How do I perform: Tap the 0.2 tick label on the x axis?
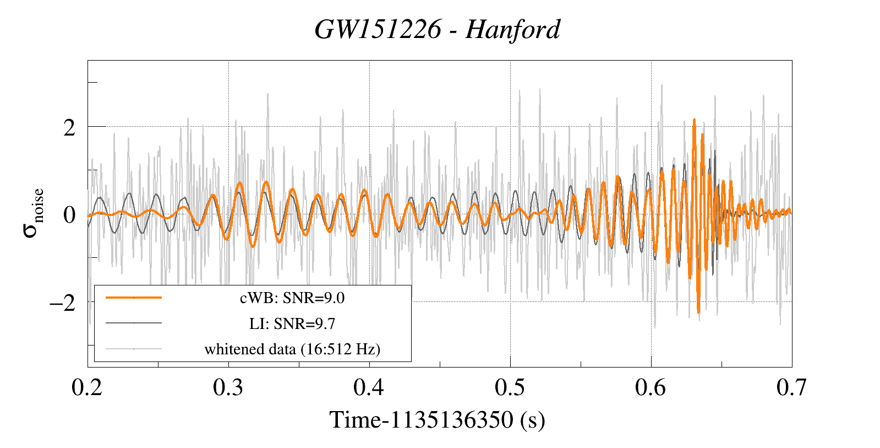tap(88, 388)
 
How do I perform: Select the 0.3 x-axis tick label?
tap(228, 388)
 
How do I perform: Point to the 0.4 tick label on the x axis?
tap(369, 388)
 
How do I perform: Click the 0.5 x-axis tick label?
tap(510, 388)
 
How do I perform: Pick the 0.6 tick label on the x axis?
tap(651, 388)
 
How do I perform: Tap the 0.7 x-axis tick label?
tap(791, 388)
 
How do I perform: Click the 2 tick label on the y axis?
tap(69, 128)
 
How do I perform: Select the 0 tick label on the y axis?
tap(69, 215)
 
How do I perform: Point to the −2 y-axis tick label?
tap(62, 303)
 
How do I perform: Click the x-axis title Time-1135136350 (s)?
tap(438, 420)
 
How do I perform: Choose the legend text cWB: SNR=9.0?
tap(292, 298)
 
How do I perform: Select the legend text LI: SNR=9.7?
tap(292, 323)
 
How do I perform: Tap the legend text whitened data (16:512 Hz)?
tap(292, 349)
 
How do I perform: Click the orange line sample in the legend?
tap(134, 298)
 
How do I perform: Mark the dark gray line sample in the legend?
tap(134, 323)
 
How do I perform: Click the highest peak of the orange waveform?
tap(695, 119)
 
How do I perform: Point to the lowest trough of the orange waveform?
tap(698, 312)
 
